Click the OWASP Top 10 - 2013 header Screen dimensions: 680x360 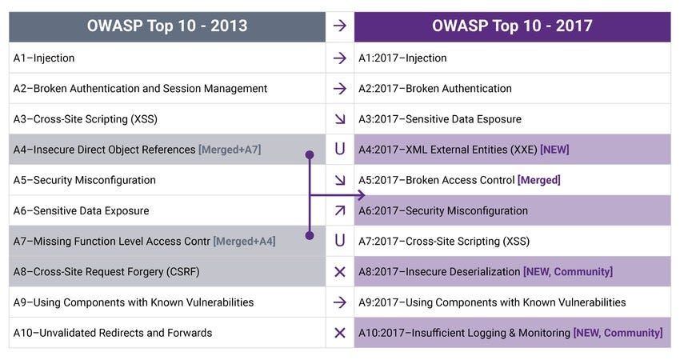point(167,26)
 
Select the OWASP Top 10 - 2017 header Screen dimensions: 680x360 point(512,26)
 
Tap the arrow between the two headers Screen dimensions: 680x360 point(339,26)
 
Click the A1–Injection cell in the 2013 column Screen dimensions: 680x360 point(167,58)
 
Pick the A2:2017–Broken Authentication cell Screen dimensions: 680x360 point(512,89)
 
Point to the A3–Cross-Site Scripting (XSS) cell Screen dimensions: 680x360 point(167,119)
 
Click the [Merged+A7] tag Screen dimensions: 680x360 point(230,150)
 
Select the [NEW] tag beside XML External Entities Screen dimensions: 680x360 point(554,150)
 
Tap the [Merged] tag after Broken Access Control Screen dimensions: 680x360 point(538,180)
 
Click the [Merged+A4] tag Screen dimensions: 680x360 point(244,241)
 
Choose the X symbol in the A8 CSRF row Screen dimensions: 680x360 point(340,272)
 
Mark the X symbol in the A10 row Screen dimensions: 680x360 point(340,333)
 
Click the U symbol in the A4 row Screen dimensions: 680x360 point(340,150)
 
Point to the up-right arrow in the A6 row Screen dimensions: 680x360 point(340,210)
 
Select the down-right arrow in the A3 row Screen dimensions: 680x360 point(340,119)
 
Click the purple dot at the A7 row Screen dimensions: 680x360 point(310,235)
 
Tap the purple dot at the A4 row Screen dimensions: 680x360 point(310,155)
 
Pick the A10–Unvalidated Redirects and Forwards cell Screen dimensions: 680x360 point(167,333)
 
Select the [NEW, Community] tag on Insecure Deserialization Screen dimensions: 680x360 point(568,272)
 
